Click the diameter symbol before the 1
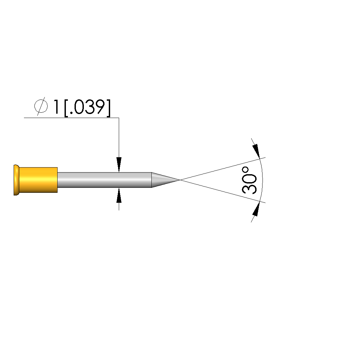tap(41, 106)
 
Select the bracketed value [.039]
tap(88, 108)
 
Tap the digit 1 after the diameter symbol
tap(56, 107)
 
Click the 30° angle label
tap(249, 180)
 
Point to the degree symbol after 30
tap(245, 170)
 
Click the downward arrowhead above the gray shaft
tap(119, 165)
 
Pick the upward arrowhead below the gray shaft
tap(119, 195)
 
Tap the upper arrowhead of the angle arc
tap(256, 151)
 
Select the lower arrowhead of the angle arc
tap(256, 209)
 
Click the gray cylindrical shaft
tap(104, 180)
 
